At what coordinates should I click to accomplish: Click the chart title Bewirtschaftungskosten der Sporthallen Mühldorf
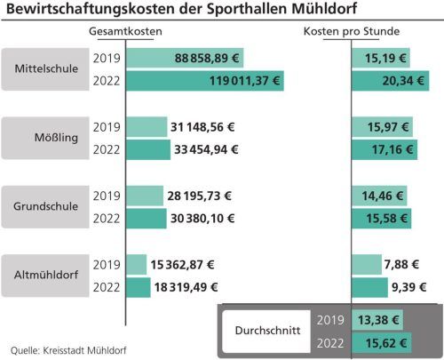(187, 12)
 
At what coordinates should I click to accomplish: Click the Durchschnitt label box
(266, 331)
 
